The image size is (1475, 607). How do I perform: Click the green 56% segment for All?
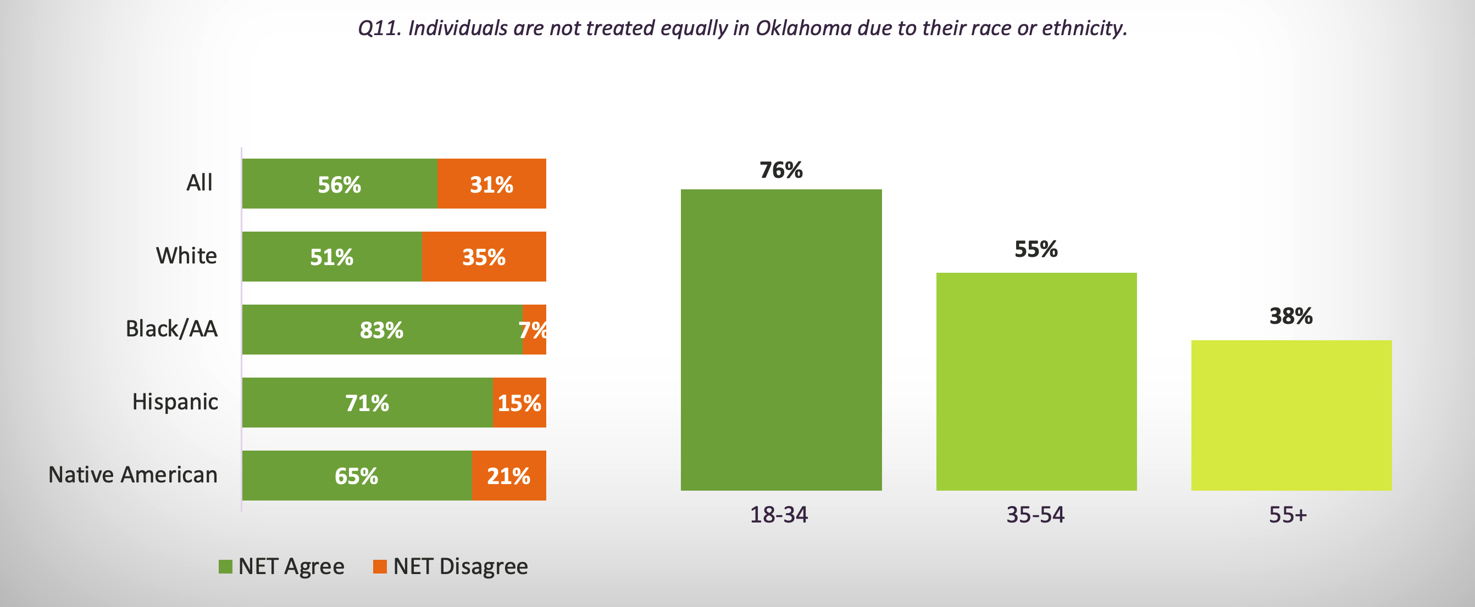339,184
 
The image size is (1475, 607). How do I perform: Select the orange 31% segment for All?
491,184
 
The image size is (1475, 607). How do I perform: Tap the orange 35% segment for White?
484,256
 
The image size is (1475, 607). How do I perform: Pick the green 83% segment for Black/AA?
382,329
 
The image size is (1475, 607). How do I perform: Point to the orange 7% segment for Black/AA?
535,329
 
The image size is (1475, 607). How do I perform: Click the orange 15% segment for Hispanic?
519,403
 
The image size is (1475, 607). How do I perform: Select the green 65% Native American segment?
356,475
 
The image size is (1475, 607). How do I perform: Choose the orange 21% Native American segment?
508,475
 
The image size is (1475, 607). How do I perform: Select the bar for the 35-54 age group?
1036,381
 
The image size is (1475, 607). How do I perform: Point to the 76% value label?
781,170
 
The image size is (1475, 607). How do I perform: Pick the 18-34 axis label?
779,515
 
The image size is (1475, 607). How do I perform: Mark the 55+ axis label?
1288,515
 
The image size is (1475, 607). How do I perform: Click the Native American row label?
133,475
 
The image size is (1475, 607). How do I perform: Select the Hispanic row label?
175,402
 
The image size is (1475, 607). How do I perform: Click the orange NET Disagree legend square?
380,566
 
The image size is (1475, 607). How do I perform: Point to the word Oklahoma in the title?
803,28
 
